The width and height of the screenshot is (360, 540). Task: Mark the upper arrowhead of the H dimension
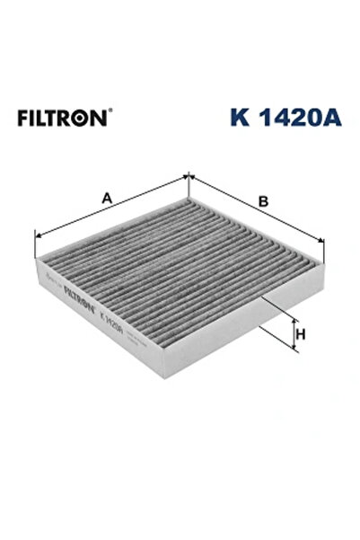[294, 320]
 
